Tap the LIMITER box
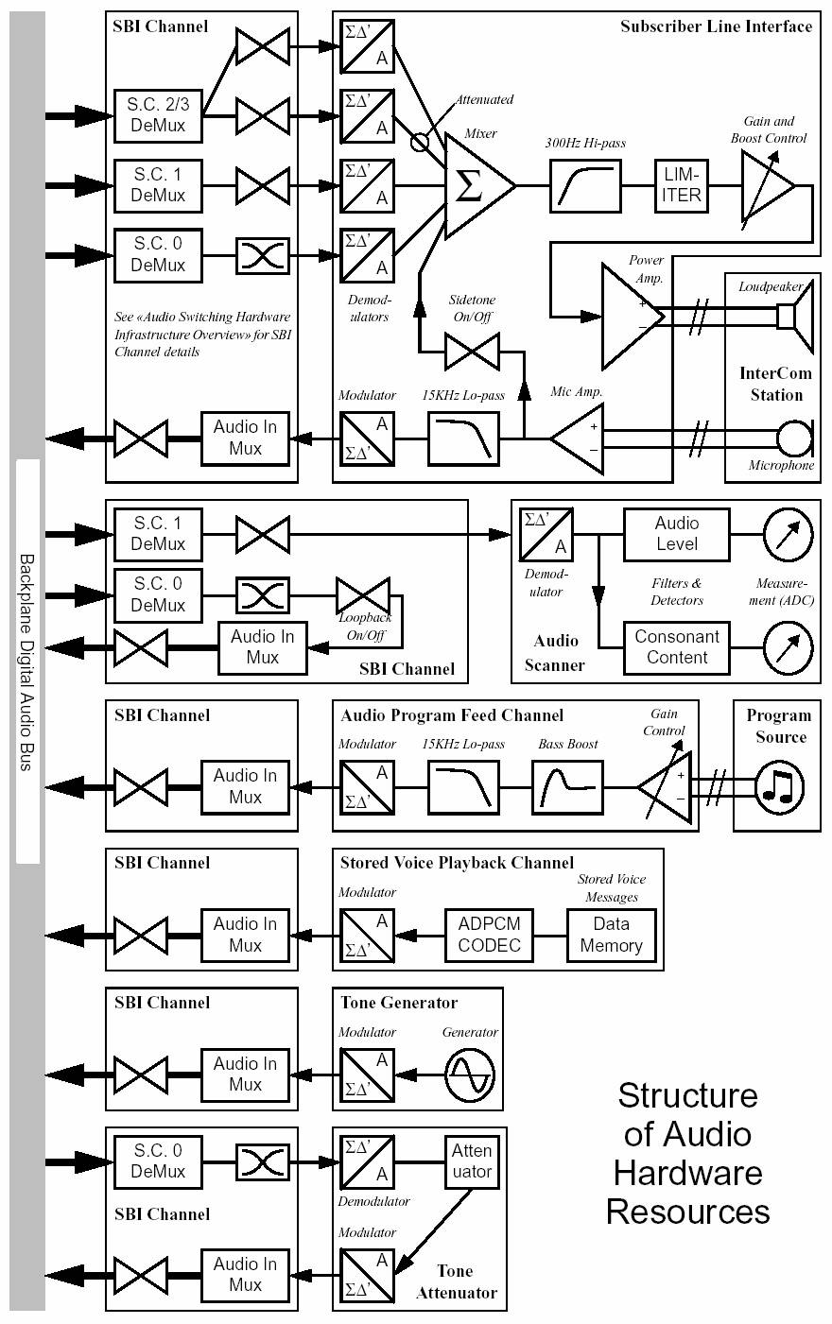(x=682, y=185)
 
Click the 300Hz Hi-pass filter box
(x=585, y=185)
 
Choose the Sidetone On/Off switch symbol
(x=472, y=354)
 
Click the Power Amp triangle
(x=630, y=316)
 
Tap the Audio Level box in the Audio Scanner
(x=677, y=534)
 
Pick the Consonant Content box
(x=677, y=647)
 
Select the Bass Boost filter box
(x=567, y=786)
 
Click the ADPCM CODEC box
(x=489, y=935)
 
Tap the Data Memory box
(x=611, y=935)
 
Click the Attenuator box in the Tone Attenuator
(x=472, y=1161)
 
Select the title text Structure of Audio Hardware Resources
(x=687, y=1153)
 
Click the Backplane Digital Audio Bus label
(x=27, y=662)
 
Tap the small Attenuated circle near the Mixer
(x=420, y=142)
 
